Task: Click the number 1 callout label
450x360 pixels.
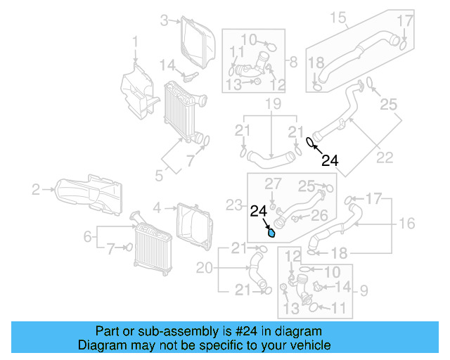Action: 136,46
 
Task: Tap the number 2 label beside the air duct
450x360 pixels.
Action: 35,188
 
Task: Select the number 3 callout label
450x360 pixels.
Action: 164,20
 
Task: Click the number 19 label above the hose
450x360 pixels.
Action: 272,105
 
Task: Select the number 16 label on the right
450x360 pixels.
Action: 408,224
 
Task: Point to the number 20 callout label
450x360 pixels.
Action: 203,268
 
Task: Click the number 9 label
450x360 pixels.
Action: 364,288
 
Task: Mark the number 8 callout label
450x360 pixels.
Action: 292,61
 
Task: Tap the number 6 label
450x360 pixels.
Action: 88,237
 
